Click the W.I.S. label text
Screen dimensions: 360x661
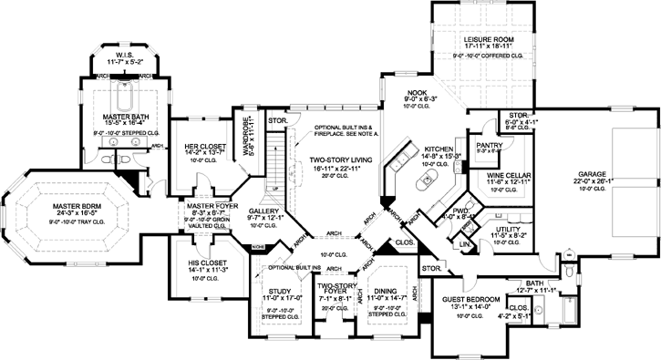click(x=125, y=55)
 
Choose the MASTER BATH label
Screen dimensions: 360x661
click(x=126, y=117)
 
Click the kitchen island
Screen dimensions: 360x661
click(x=426, y=183)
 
